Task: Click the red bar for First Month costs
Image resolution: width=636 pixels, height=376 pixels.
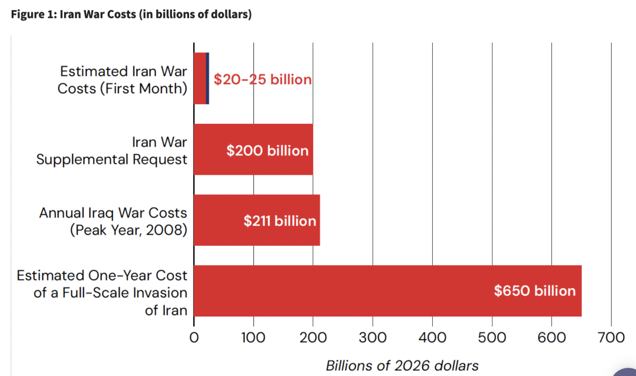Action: (200, 78)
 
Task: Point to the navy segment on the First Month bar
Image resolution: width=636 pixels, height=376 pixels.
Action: (207, 78)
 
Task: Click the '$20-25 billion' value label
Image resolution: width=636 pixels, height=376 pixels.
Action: (262, 80)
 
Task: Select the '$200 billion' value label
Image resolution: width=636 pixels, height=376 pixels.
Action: (267, 150)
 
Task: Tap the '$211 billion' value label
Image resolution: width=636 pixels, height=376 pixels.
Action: (280, 221)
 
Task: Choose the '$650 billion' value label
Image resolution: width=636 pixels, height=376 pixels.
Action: (535, 291)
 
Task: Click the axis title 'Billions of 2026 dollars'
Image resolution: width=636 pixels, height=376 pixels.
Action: (402, 365)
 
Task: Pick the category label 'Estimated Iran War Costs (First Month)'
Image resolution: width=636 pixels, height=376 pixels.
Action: (122, 80)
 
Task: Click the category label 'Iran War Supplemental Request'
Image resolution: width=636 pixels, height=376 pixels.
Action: (112, 151)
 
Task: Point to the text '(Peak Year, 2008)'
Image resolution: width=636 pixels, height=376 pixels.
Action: (128, 230)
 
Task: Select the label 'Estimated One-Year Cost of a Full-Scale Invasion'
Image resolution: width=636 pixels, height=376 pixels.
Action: (102, 284)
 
